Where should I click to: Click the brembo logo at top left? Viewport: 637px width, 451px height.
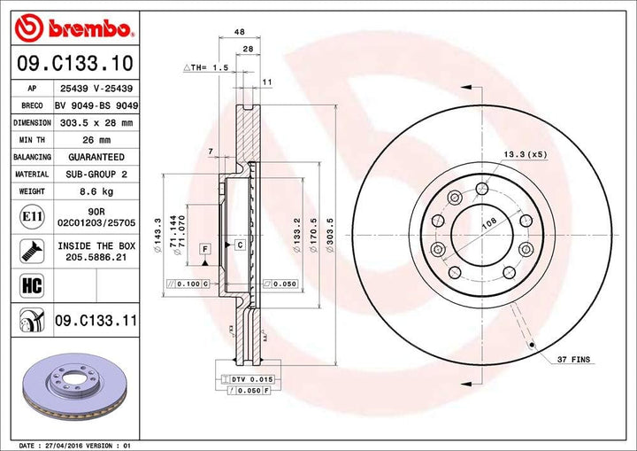point(73,29)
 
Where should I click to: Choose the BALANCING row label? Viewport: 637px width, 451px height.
point(32,157)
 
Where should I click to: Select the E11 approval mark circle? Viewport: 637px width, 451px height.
point(27,215)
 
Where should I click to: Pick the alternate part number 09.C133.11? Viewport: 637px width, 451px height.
point(95,318)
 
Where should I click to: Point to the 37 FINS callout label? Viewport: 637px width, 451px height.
point(574,361)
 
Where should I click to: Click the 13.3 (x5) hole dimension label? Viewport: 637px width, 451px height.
point(525,155)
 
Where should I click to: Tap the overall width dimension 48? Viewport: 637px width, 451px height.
point(239,32)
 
